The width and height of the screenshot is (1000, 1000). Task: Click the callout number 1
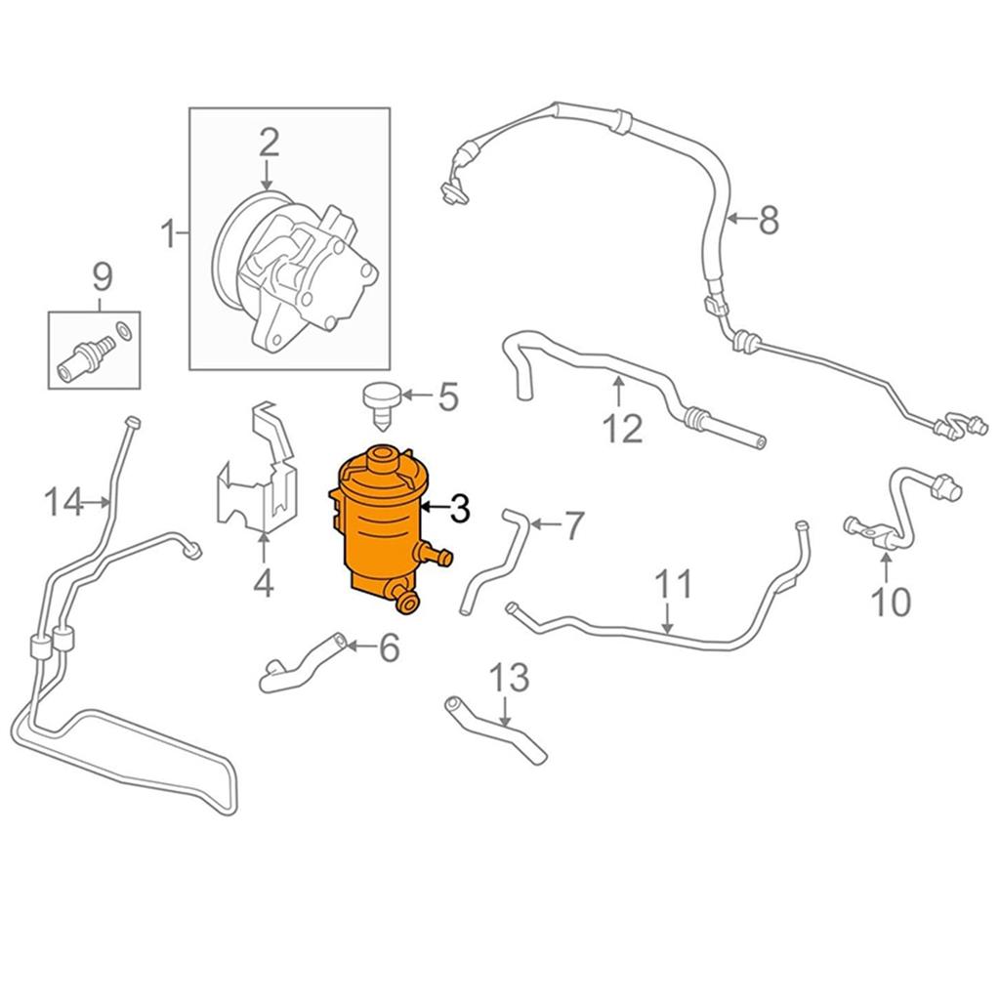(x=168, y=234)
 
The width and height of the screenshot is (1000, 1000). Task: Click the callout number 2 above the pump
(x=269, y=144)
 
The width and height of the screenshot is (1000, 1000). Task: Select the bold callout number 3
(x=459, y=508)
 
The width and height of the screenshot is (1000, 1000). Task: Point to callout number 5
(x=447, y=397)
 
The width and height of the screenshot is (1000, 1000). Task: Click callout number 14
(x=64, y=504)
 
